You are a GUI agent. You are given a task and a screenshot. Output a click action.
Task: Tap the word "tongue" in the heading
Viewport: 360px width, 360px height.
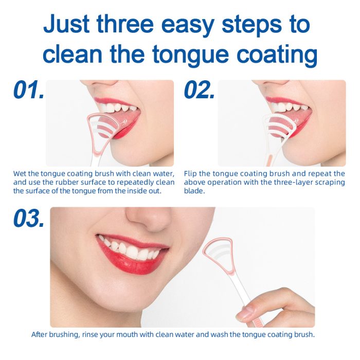[190, 55]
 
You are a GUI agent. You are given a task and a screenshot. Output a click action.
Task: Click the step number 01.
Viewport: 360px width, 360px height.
[29, 89]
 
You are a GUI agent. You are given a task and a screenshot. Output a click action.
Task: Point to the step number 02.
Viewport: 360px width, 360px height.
[200, 89]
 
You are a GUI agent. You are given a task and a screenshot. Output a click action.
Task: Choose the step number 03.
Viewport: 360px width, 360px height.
[29, 218]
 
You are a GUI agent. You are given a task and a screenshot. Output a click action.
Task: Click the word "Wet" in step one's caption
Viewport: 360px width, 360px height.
[20, 174]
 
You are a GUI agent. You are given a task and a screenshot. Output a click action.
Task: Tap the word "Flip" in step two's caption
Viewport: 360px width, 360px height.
[190, 174]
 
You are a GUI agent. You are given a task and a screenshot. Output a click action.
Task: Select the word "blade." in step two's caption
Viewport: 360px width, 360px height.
[194, 191]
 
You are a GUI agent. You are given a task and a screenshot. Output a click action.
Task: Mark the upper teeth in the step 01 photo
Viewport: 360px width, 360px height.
[117, 107]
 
